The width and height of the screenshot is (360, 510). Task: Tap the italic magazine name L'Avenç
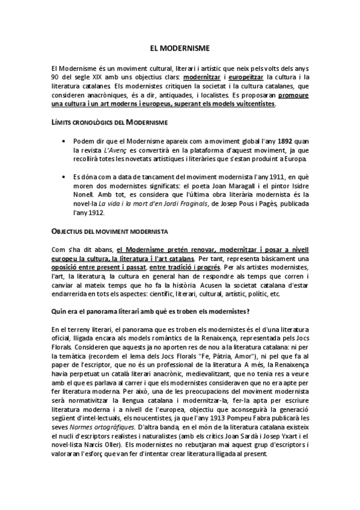click(x=113, y=150)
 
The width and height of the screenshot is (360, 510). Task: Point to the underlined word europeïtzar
click(x=248, y=78)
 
